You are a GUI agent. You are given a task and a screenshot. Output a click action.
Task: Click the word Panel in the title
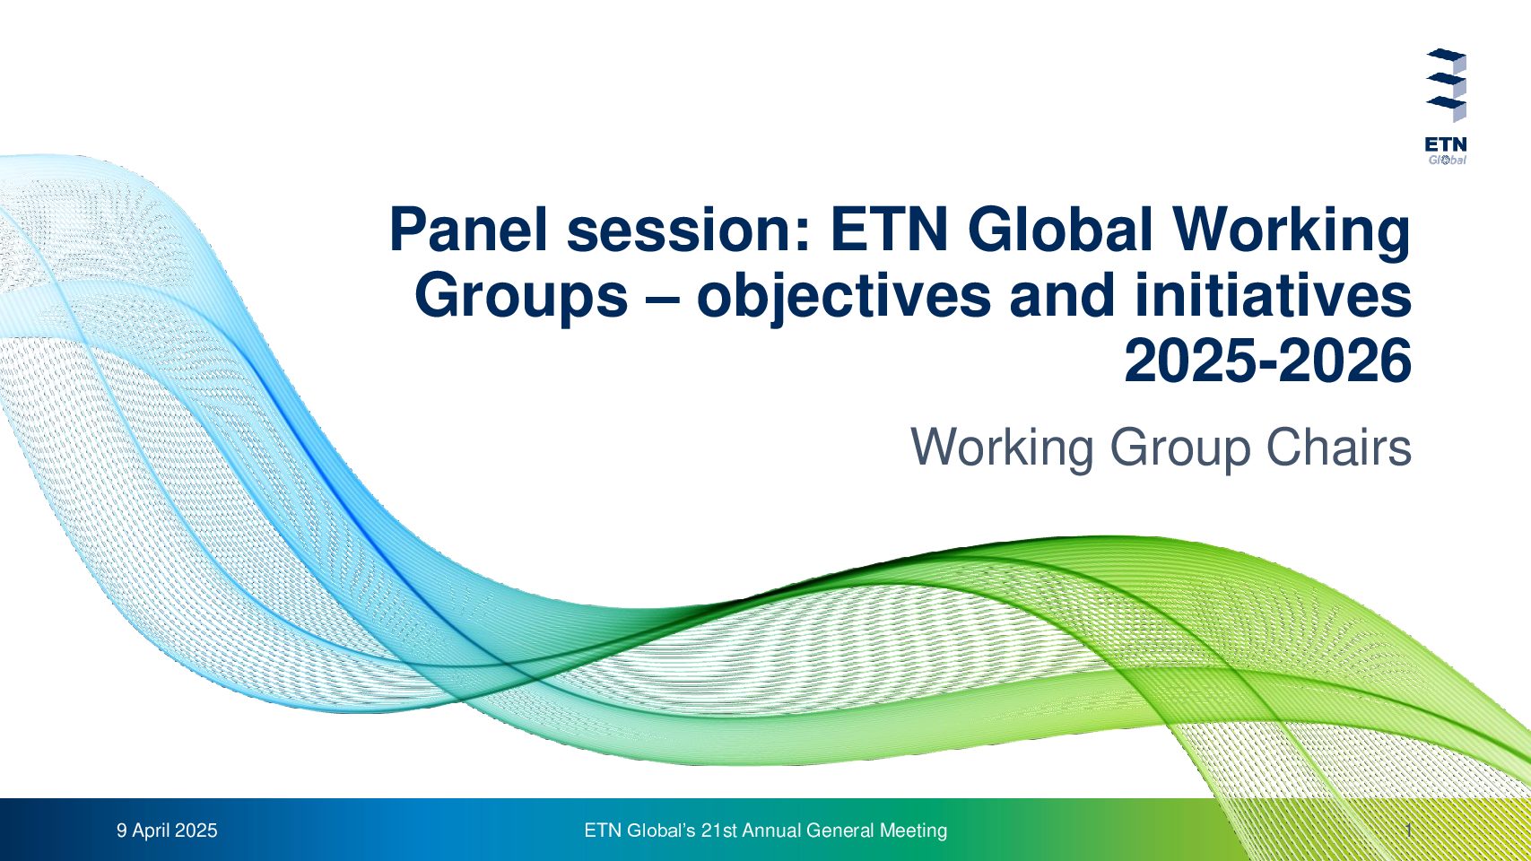pos(468,230)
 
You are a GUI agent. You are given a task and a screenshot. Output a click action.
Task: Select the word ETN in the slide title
pos(889,230)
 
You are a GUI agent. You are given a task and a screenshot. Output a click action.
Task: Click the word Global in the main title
pos(1060,230)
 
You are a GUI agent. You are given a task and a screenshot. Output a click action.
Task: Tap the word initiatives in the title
pos(1274,295)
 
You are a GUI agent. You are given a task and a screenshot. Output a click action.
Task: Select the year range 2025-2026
pos(1268,361)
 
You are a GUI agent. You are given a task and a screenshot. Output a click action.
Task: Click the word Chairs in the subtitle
pos(1339,447)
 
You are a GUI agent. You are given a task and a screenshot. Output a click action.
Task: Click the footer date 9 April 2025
pos(167,831)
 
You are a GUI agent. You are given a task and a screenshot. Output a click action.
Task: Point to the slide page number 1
pos(1409,831)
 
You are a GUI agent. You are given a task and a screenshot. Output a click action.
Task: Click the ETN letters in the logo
pos(1446,145)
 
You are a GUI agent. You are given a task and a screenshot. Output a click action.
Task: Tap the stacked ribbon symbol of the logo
pos(1446,85)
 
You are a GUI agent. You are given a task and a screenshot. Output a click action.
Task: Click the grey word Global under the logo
pos(1447,160)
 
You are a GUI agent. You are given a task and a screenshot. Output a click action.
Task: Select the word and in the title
pos(1062,295)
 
